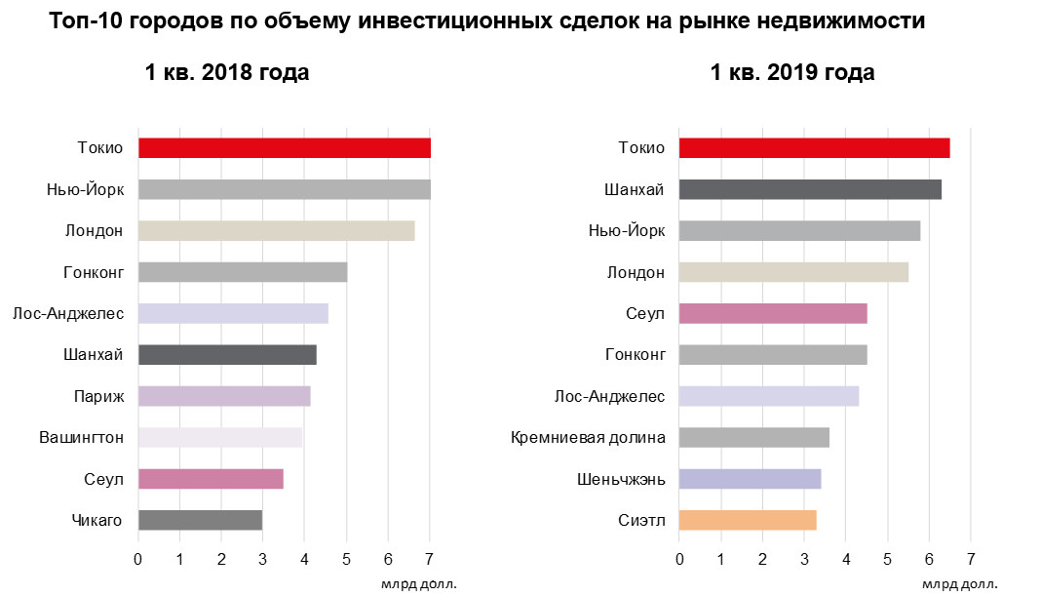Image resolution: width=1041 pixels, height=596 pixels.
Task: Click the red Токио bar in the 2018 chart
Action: (284, 148)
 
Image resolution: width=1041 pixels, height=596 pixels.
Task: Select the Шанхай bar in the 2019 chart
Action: (810, 189)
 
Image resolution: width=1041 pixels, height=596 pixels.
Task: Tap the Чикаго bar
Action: (200, 520)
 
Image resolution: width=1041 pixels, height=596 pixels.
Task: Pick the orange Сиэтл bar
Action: (748, 520)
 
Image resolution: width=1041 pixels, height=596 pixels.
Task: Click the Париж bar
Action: (224, 396)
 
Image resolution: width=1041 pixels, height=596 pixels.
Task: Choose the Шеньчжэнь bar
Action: (750, 479)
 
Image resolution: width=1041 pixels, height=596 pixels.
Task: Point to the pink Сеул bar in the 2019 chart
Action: (773, 313)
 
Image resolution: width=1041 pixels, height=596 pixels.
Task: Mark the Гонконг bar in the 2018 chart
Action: (243, 272)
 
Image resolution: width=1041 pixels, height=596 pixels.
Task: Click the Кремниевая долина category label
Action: (588, 437)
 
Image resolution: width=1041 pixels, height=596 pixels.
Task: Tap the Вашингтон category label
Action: (81, 437)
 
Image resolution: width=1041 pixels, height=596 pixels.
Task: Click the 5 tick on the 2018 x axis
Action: (346, 559)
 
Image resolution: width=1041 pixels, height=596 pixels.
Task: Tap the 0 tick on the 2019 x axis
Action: (679, 559)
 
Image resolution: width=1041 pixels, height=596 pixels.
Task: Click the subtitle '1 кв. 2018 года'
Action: (227, 73)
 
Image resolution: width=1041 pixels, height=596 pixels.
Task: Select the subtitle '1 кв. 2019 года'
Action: (791, 73)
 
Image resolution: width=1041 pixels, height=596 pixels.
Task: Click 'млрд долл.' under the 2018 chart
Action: (418, 584)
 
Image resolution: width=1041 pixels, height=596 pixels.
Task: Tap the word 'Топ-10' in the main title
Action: (82, 21)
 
